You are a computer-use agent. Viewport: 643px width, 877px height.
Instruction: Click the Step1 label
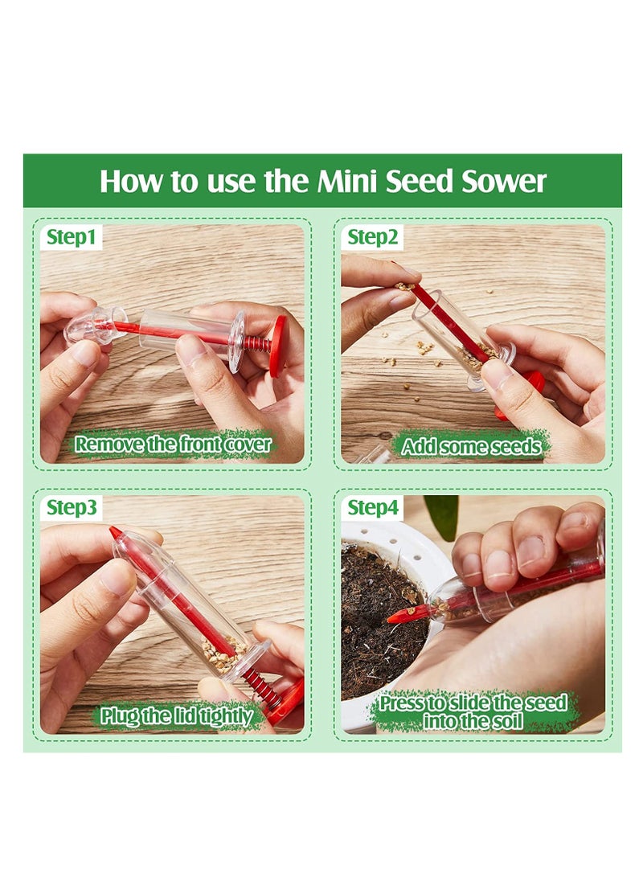[x=72, y=237]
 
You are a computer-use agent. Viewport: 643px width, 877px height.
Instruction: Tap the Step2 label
[x=373, y=237]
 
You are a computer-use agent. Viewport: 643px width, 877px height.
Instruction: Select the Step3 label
[x=72, y=508]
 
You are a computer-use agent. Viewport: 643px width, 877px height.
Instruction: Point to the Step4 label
[x=373, y=508]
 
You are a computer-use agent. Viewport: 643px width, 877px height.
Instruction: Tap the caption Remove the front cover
[x=173, y=444]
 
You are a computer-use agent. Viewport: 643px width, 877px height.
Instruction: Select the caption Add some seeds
[x=471, y=447]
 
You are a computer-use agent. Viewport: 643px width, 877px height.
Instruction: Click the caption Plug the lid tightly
[x=177, y=715]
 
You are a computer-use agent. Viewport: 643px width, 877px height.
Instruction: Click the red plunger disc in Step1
[x=277, y=346]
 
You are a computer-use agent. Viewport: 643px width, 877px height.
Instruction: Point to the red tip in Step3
[x=116, y=533]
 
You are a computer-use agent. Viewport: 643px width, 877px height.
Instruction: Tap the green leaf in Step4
[x=441, y=514]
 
